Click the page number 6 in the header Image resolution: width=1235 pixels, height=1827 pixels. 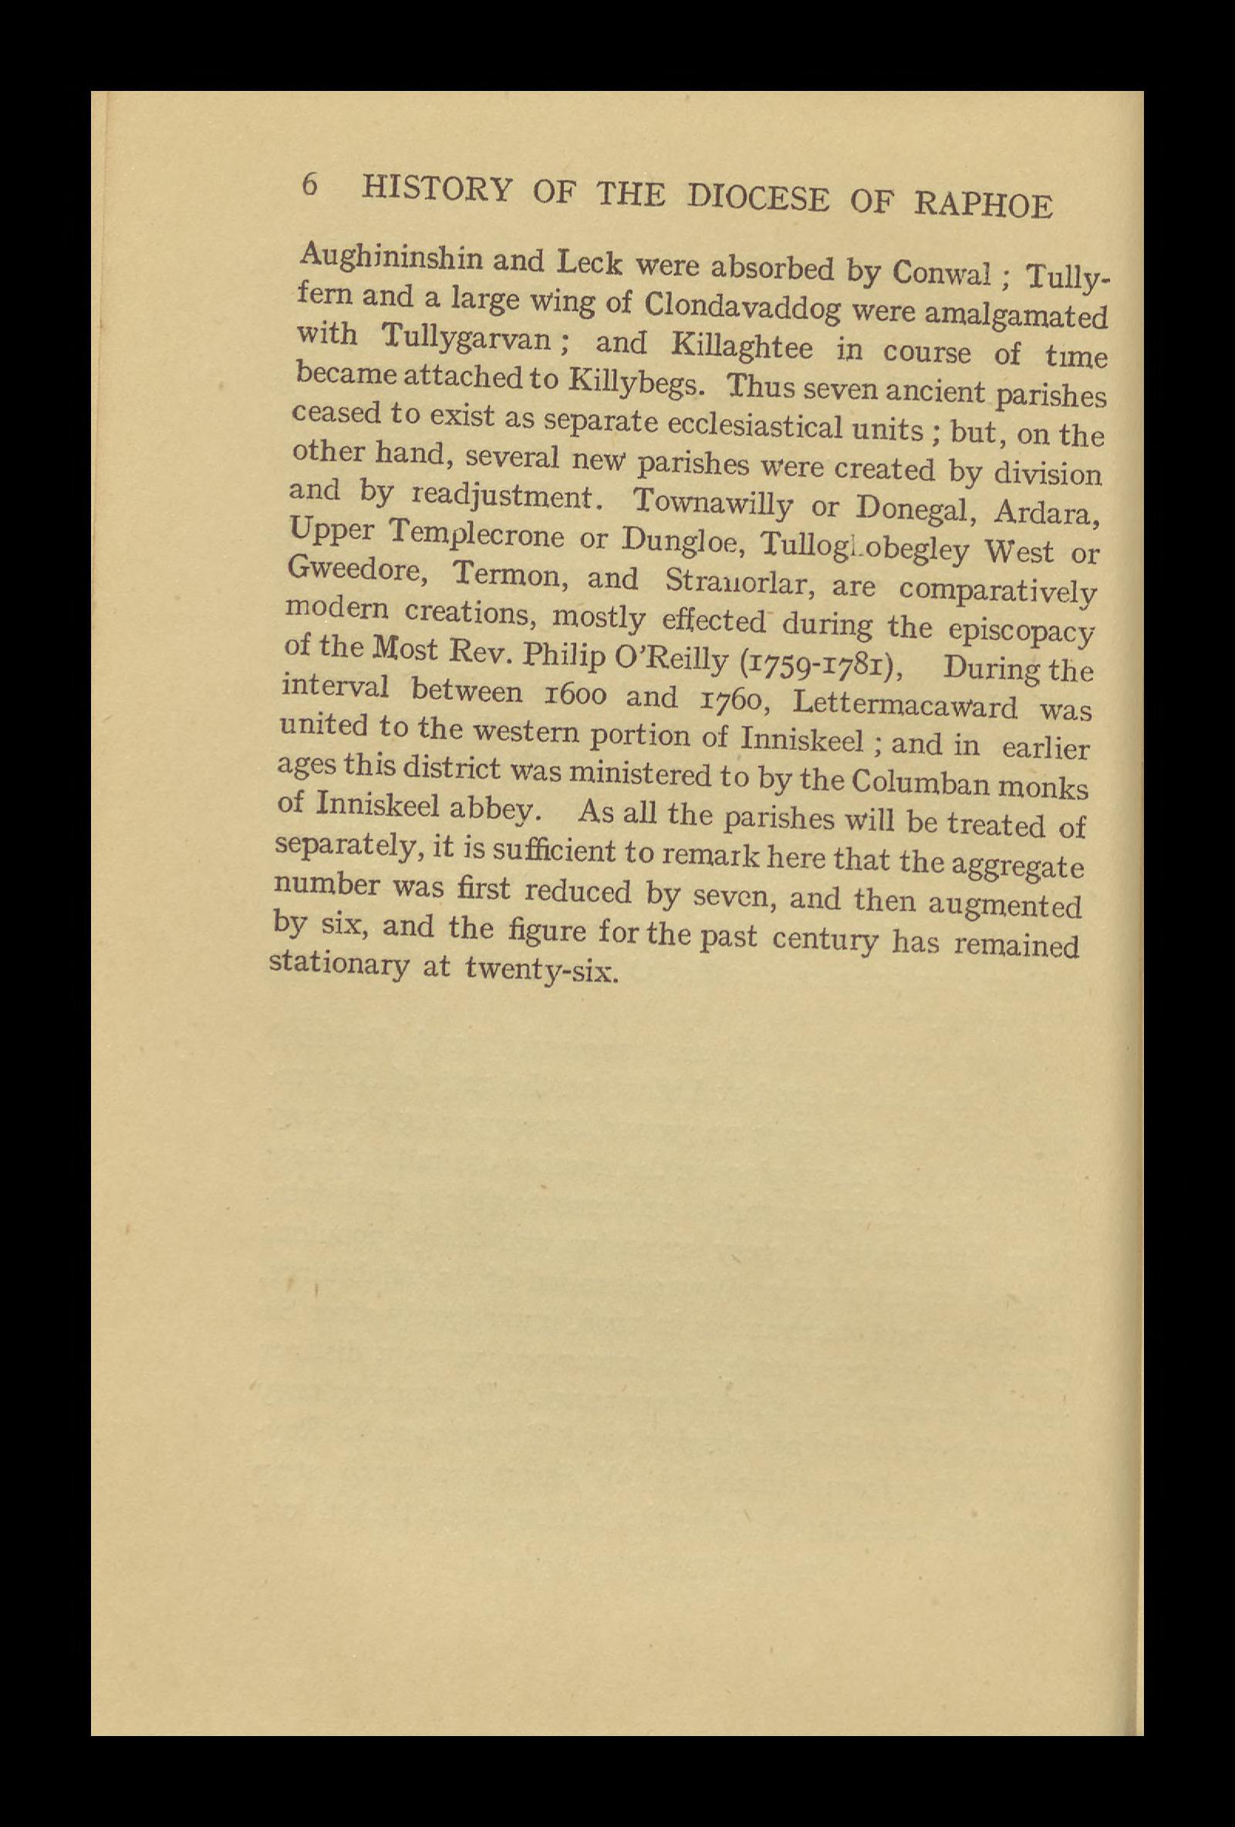pyautogui.click(x=310, y=185)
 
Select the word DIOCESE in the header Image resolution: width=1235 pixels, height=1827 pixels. pyautogui.click(x=758, y=197)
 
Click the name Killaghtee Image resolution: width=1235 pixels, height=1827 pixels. pyautogui.click(x=731, y=347)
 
